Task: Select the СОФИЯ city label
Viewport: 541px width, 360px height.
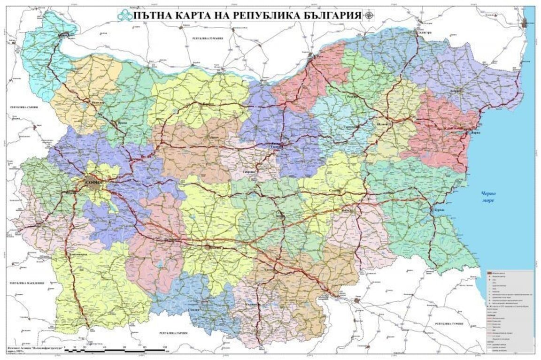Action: point(93,179)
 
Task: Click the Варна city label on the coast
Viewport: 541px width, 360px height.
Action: point(470,133)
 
